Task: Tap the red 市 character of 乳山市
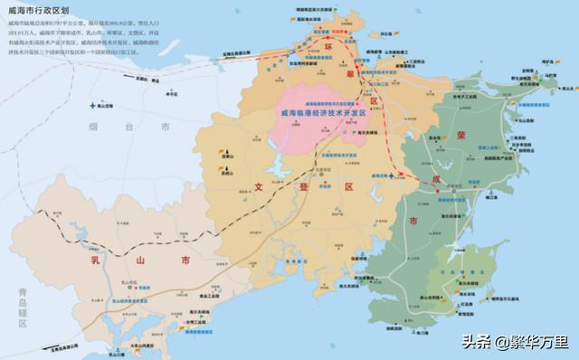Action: (185, 261)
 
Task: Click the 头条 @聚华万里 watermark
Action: (516, 341)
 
